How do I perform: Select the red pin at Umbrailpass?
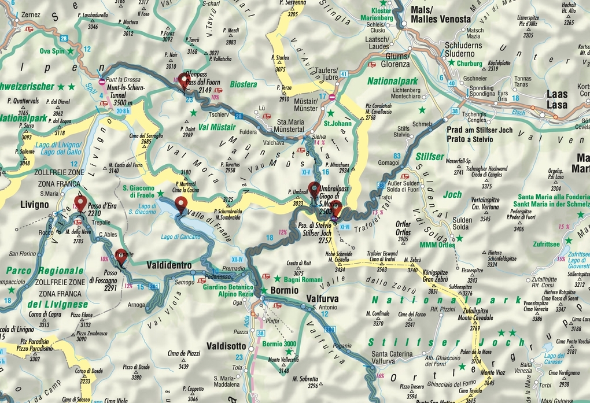tap(314, 189)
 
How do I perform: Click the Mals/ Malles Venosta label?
tap(440, 14)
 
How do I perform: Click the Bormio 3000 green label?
tap(279, 343)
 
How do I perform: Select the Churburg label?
tap(469, 64)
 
